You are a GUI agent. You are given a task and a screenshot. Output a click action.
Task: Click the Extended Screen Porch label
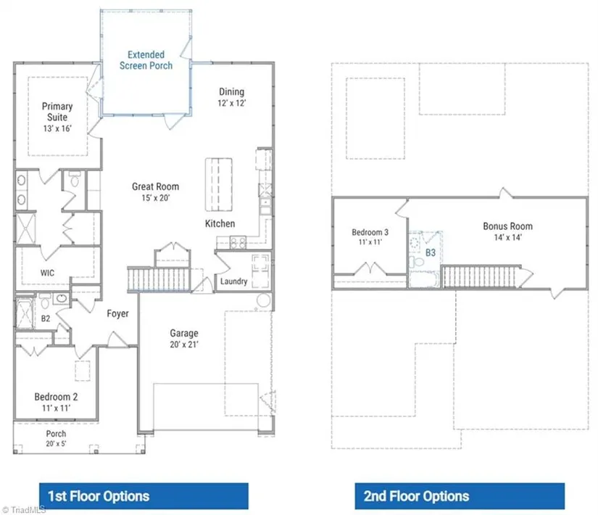pyautogui.click(x=146, y=60)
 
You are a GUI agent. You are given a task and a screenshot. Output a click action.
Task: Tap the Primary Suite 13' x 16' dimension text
pyautogui.click(x=57, y=128)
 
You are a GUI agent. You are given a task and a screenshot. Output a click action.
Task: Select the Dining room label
pyautogui.click(x=231, y=91)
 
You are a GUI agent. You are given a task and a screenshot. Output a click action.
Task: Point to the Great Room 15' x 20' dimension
pyautogui.click(x=156, y=198)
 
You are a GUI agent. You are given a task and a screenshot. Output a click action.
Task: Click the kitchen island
pyautogui.click(x=219, y=184)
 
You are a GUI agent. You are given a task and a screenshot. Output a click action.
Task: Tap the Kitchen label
pyautogui.click(x=220, y=223)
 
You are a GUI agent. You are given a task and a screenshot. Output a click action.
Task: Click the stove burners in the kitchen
pyautogui.click(x=238, y=243)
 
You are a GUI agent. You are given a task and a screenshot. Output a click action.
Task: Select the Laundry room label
pyautogui.click(x=234, y=281)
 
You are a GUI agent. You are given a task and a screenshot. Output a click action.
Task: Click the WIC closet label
pyautogui.click(x=47, y=273)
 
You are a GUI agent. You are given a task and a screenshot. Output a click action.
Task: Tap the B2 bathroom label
pyautogui.click(x=46, y=318)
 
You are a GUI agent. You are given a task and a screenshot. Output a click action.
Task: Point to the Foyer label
pyautogui.click(x=117, y=313)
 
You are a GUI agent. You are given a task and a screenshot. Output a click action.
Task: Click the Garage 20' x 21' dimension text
pyautogui.click(x=184, y=345)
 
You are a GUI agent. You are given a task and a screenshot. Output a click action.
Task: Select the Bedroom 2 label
pyautogui.click(x=56, y=397)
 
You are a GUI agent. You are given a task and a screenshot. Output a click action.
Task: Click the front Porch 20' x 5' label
pyautogui.click(x=56, y=438)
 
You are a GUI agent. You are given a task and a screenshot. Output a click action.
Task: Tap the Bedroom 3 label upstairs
pyautogui.click(x=370, y=232)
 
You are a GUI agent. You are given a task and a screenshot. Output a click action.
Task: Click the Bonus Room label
pyautogui.click(x=507, y=226)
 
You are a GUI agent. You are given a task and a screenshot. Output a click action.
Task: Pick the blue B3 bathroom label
pyautogui.click(x=430, y=252)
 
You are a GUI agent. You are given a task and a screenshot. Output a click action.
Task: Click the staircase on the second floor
pyautogui.click(x=480, y=276)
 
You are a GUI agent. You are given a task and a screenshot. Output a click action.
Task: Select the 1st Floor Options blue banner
pyautogui.click(x=144, y=496)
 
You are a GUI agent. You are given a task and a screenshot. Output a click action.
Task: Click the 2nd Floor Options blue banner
pyautogui.click(x=460, y=496)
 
